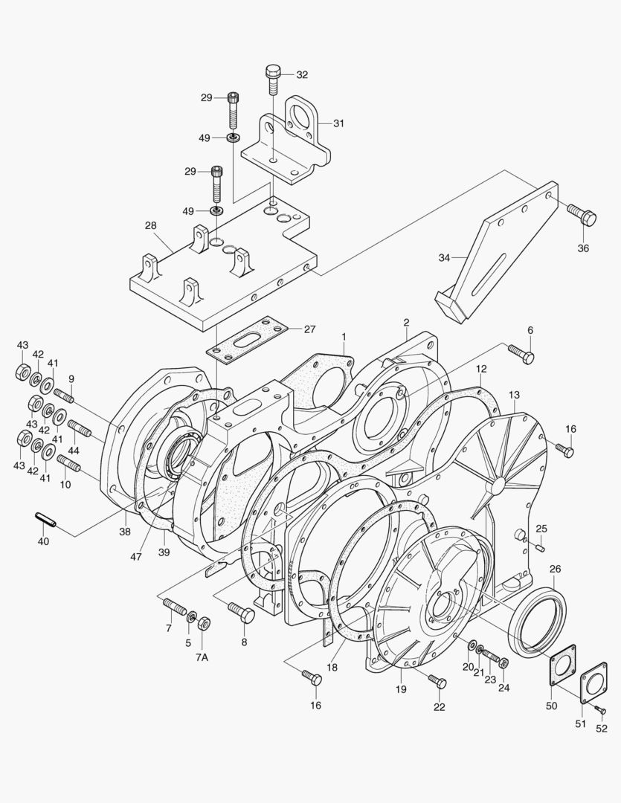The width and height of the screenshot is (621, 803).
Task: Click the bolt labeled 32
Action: click(x=273, y=79)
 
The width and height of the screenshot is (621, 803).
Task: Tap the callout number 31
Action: click(x=338, y=123)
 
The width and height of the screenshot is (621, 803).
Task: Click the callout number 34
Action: click(x=444, y=257)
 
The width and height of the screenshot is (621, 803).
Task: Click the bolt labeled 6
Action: click(x=521, y=354)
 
